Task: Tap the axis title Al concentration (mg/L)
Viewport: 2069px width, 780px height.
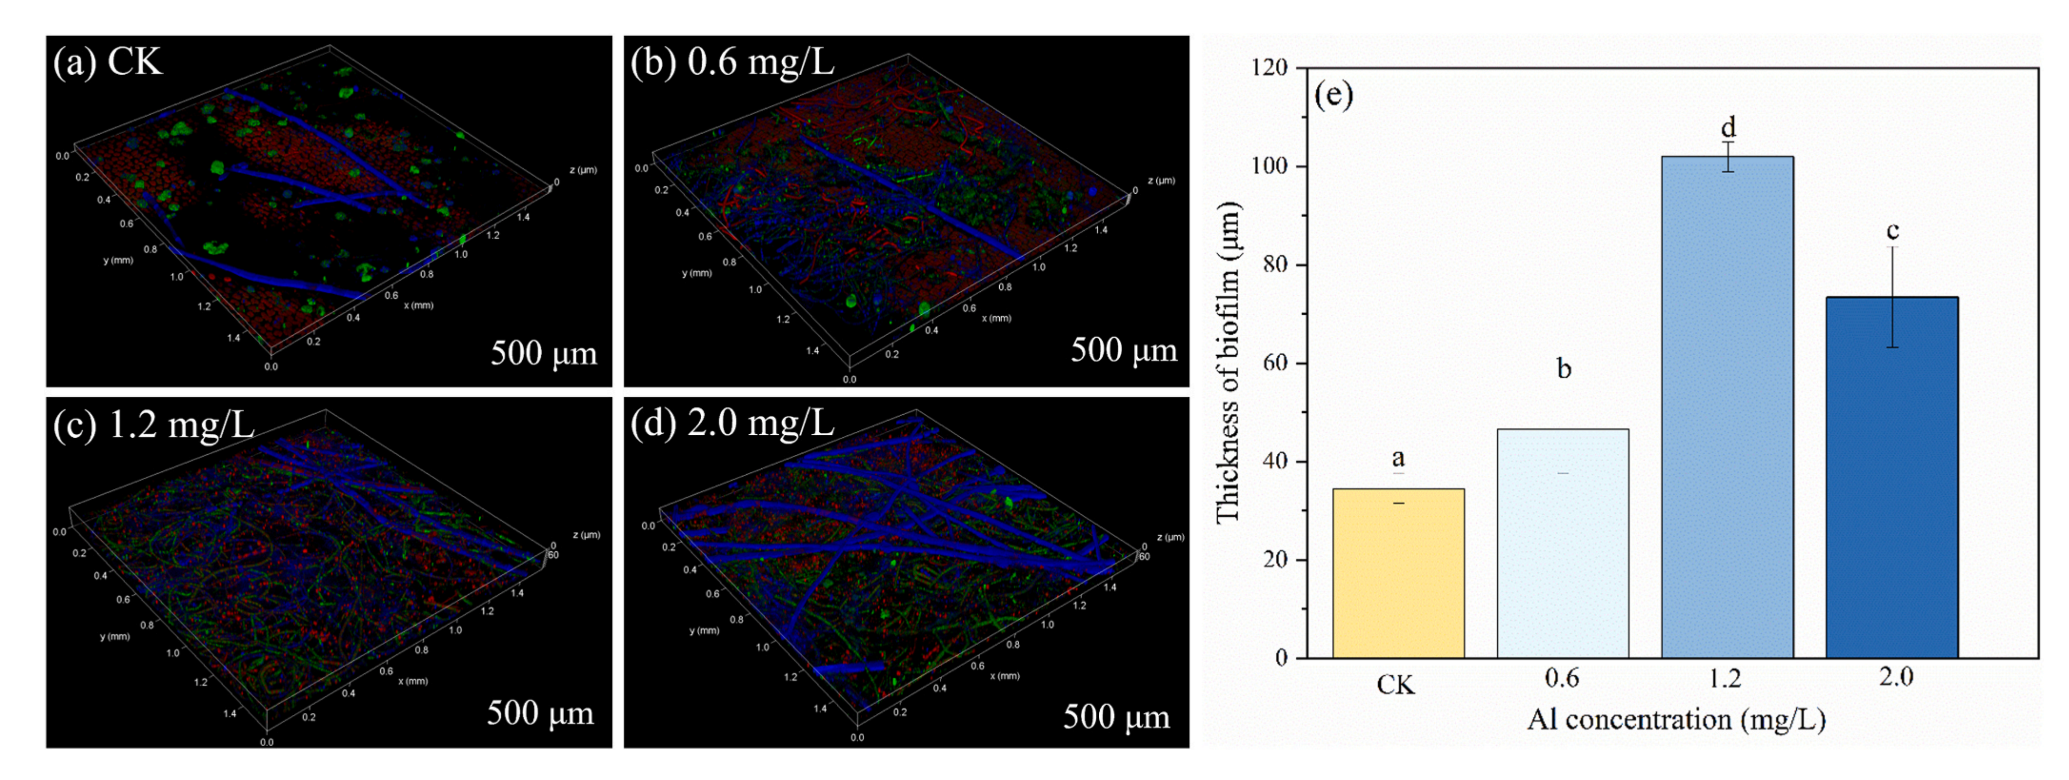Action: tap(1676, 720)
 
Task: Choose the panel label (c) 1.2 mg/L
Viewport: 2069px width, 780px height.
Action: tap(153, 424)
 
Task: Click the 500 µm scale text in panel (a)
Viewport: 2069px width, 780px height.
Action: tap(544, 353)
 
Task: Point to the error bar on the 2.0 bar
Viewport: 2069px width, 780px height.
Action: tap(1892, 297)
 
